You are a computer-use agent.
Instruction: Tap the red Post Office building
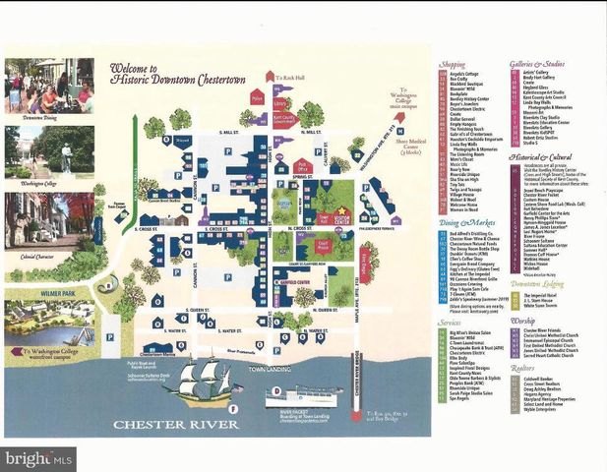click(303, 166)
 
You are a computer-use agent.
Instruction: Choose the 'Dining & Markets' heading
click(460, 223)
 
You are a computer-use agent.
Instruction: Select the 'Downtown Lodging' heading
click(537, 283)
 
